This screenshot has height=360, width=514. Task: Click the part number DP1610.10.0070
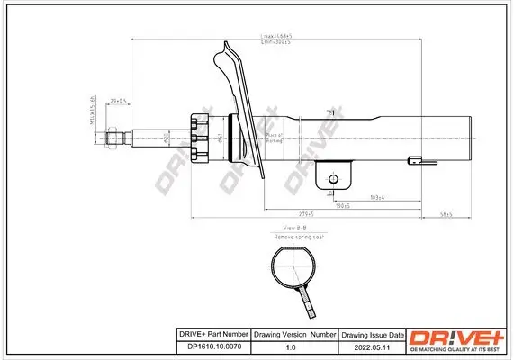[210, 346]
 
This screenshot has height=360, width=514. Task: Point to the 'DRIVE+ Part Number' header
[210, 332]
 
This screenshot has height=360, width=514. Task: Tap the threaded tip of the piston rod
[114, 138]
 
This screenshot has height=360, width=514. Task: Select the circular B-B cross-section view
[293, 265]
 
